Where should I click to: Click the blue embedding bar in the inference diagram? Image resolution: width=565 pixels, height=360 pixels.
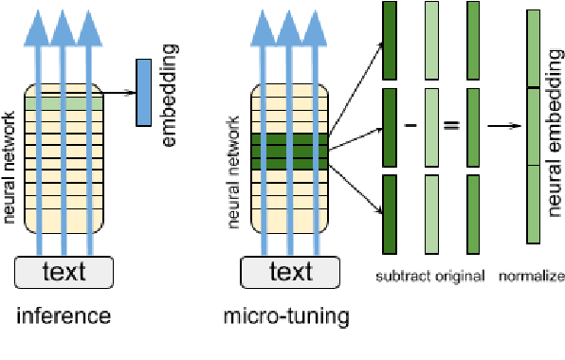coord(144,93)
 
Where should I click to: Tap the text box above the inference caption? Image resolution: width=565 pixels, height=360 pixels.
coord(64,273)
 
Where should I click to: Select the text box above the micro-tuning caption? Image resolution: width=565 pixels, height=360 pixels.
coord(290,273)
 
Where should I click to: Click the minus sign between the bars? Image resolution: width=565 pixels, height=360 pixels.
coord(410,125)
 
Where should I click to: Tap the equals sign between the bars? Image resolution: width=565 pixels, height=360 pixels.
coord(451,125)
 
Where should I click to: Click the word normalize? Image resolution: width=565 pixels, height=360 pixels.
coord(533,277)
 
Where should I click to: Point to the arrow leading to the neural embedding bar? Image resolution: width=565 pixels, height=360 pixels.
coord(505,125)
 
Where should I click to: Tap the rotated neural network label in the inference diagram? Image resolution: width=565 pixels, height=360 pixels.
coord(10,166)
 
